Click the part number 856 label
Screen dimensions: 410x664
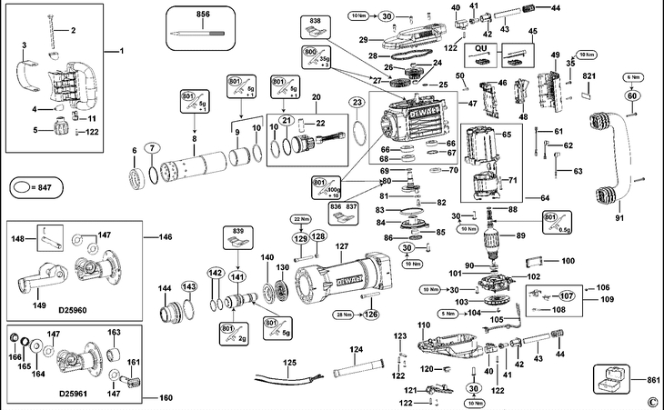click(202, 16)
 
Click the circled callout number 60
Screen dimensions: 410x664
click(632, 95)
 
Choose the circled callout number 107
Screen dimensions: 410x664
click(566, 295)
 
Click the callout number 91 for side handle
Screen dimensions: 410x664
click(620, 217)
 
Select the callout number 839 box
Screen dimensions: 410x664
click(237, 233)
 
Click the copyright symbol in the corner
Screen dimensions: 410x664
click(652, 401)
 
